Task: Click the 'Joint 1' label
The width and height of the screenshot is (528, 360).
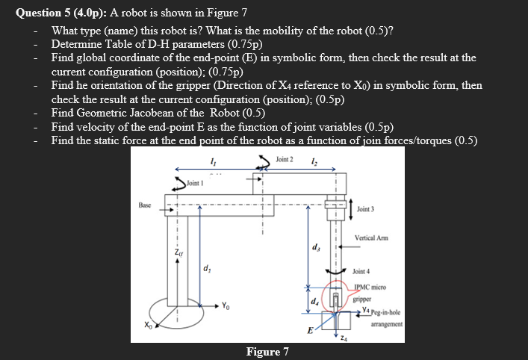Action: point(195,183)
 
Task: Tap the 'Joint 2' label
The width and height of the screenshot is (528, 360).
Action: point(285,160)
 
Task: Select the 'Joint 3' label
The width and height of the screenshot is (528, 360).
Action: point(369,208)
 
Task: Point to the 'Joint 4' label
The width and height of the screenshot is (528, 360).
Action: point(361,272)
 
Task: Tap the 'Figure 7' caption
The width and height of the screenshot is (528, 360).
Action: point(267,352)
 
